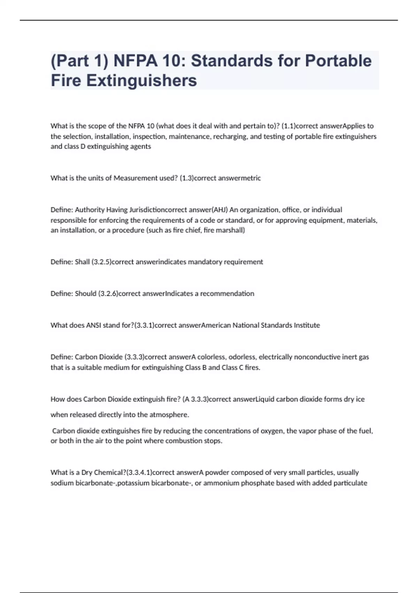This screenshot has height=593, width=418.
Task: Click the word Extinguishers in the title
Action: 141,81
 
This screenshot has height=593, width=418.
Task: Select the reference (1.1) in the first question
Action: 288,126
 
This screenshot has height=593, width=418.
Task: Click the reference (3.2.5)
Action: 101,262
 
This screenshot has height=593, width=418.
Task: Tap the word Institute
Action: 307,325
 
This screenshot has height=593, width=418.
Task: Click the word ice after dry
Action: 360,399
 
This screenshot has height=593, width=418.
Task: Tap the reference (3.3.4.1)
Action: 139,473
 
